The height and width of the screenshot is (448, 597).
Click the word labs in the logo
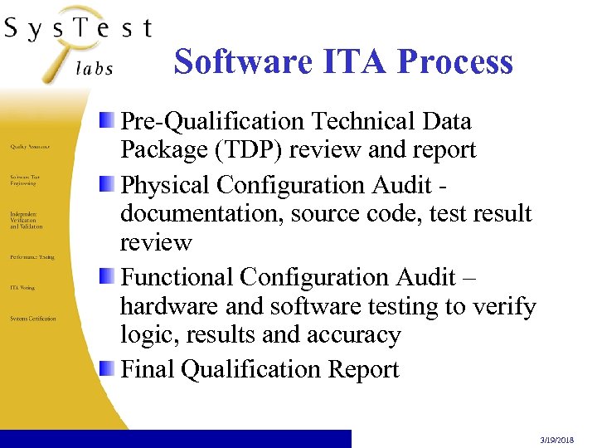(94, 69)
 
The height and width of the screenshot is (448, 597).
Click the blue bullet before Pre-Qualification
(108, 122)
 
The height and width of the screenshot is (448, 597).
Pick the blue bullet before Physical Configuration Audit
(108, 184)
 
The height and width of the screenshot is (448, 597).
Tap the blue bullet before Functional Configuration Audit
(108, 276)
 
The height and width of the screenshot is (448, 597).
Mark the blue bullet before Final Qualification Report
(108, 368)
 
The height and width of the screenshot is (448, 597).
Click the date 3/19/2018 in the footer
(565, 442)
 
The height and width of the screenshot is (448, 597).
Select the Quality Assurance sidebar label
(30, 146)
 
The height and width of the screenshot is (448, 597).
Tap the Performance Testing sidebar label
(32, 257)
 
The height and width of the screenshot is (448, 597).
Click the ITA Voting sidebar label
(22, 288)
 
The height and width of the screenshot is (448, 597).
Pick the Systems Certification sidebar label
(33, 319)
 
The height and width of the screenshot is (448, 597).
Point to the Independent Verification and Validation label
(27, 220)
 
